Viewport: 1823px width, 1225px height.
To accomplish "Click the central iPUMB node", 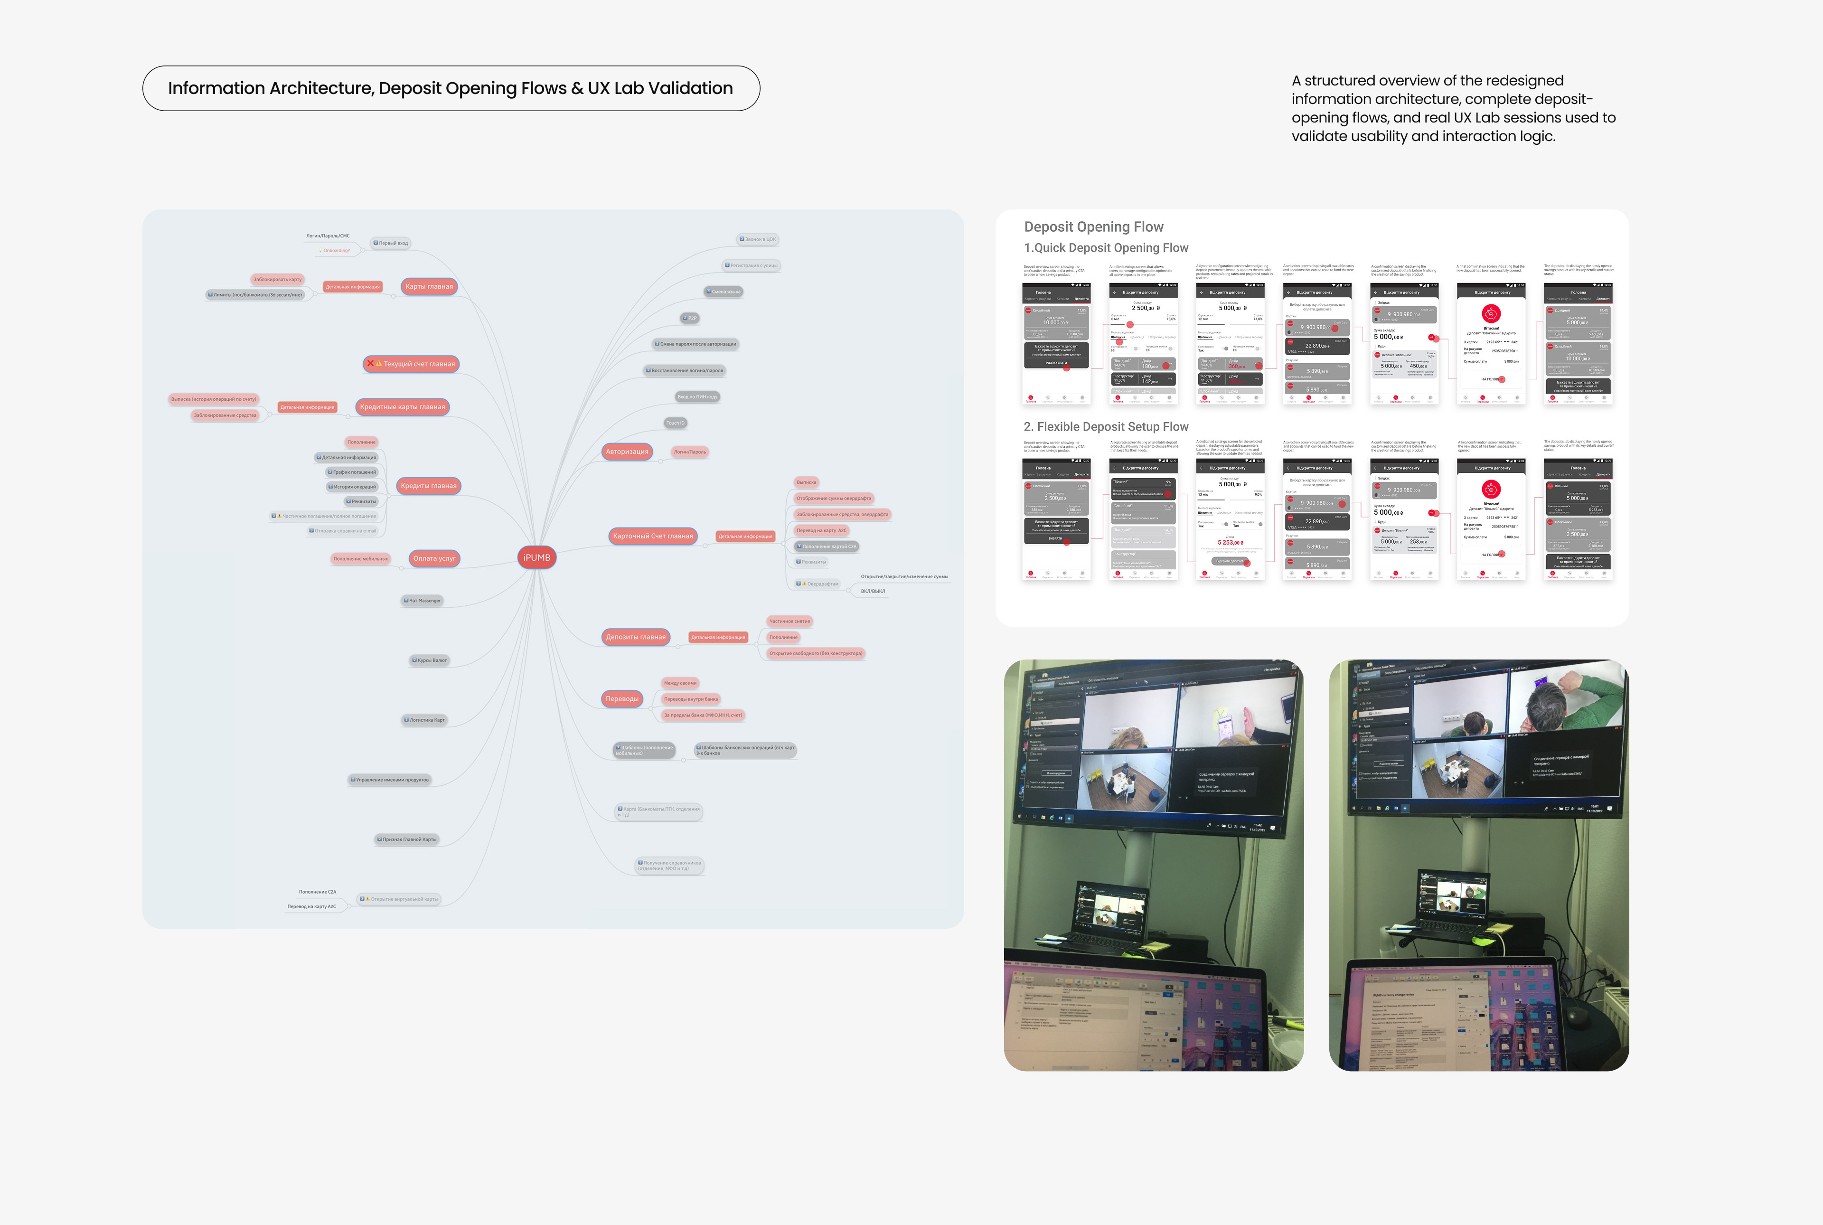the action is pos(536,557).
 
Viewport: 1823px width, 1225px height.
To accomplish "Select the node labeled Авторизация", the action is pos(627,452).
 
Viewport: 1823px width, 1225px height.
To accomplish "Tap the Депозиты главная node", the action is pos(636,637).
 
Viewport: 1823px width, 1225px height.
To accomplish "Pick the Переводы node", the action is pos(622,698).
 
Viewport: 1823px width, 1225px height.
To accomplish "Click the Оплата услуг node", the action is pos(434,558).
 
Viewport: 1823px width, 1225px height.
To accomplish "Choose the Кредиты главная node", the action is pos(428,486).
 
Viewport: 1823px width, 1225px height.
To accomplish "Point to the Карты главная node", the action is pos(429,287).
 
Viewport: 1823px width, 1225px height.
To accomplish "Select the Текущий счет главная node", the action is pos(412,364).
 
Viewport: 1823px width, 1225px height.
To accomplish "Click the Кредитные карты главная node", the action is pos(402,407).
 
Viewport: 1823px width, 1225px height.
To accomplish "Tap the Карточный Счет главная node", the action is pos(653,536).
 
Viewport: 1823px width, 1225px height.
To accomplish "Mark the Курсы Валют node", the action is pos(430,660).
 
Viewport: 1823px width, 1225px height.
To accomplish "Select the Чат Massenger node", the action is pos(423,601).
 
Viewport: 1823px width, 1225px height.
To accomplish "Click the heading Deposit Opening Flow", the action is pos(1093,226).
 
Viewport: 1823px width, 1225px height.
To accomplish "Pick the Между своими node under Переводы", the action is pos(679,683).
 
